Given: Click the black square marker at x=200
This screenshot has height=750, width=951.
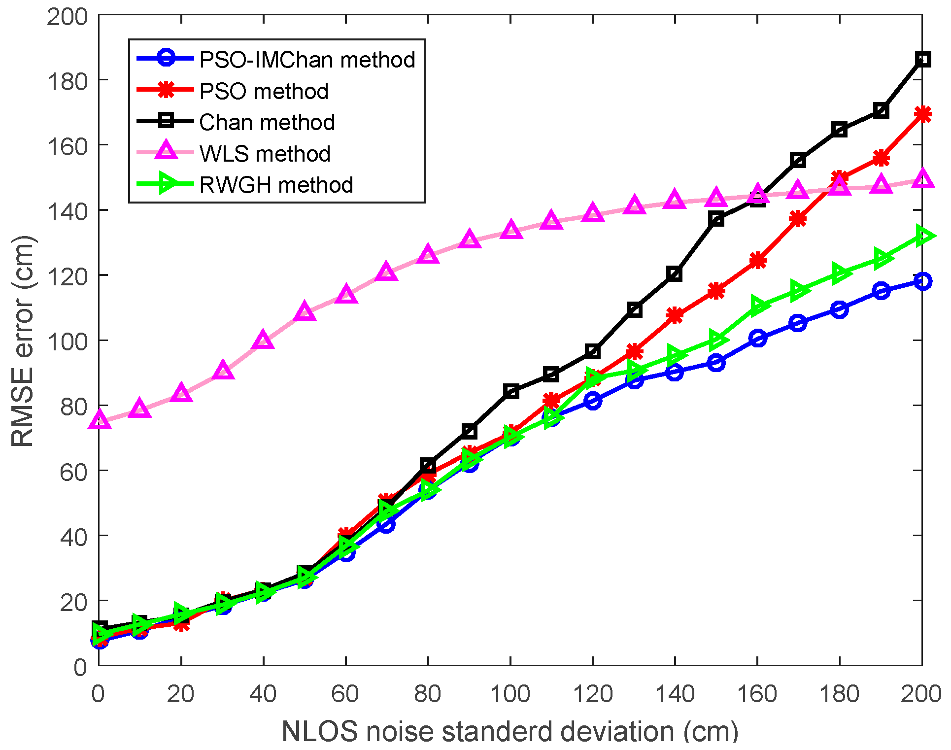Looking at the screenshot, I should pyautogui.click(x=922, y=60).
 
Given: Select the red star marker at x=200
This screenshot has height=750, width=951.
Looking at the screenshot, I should pyautogui.click(x=922, y=114).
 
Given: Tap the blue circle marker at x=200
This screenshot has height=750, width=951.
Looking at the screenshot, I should pyautogui.click(x=922, y=281).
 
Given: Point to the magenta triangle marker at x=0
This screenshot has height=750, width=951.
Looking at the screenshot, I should pyautogui.click(x=99, y=420).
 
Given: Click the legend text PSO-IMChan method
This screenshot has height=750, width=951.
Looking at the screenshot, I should pyautogui.click(x=307, y=60).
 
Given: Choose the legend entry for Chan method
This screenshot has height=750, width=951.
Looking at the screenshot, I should pyautogui.click(x=267, y=122).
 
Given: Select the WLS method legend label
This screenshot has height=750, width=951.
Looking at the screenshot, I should pyautogui.click(x=265, y=154).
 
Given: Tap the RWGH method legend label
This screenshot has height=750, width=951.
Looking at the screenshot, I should pyautogui.click(x=276, y=185).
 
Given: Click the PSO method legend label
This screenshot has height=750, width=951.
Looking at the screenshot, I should pyautogui.click(x=264, y=91).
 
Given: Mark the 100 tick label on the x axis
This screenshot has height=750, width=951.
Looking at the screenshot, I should pyautogui.click(x=510, y=694).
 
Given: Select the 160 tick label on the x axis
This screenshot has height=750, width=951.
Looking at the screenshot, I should pyautogui.click(x=757, y=694).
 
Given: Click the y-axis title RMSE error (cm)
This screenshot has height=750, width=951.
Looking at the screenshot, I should pyautogui.click(x=23, y=341).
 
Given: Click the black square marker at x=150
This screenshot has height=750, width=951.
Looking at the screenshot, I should pyautogui.click(x=716, y=219).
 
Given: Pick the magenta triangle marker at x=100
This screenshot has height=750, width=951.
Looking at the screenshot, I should pyautogui.click(x=511, y=230).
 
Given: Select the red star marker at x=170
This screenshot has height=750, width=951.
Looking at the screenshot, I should pyautogui.click(x=798, y=219).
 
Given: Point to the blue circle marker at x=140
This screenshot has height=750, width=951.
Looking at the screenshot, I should pyautogui.click(x=675, y=372).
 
